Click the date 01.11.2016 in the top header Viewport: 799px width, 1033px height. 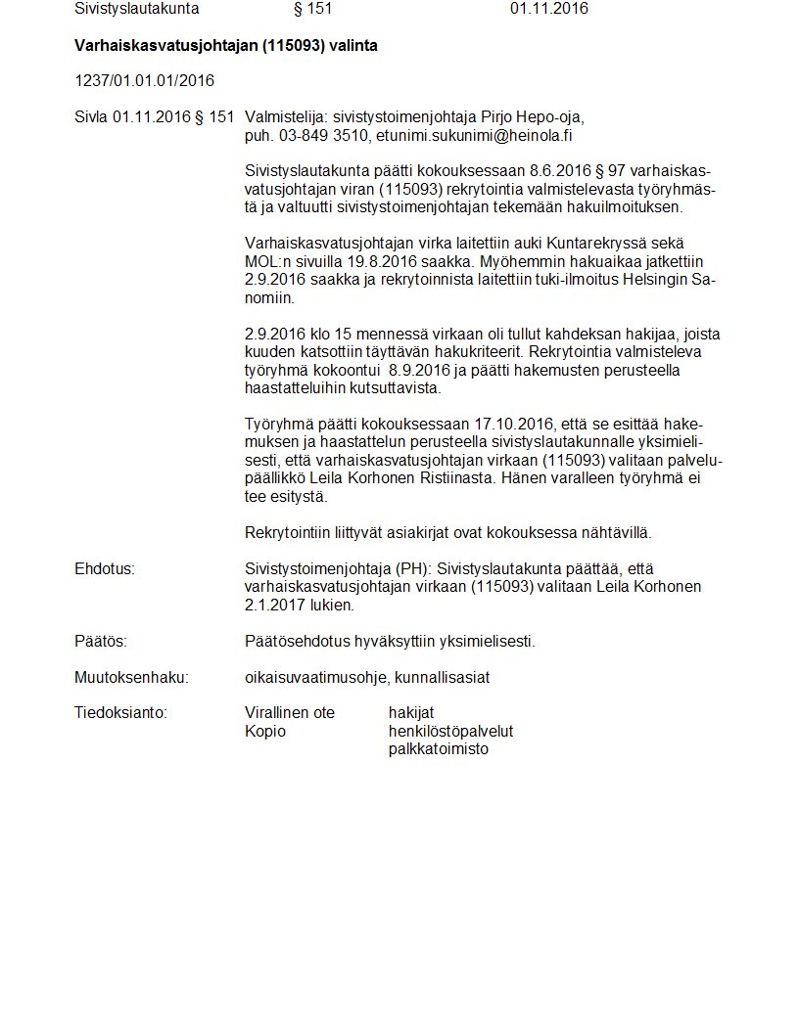(x=548, y=9)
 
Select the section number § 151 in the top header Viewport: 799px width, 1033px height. (x=313, y=9)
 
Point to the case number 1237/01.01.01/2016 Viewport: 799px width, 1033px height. (x=144, y=80)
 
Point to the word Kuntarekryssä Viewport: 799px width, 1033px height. (x=584, y=243)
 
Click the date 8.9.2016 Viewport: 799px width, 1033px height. (x=419, y=371)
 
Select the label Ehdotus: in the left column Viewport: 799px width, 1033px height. (x=104, y=568)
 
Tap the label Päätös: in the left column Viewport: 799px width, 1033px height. (x=101, y=642)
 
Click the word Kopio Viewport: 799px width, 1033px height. (x=265, y=731)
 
